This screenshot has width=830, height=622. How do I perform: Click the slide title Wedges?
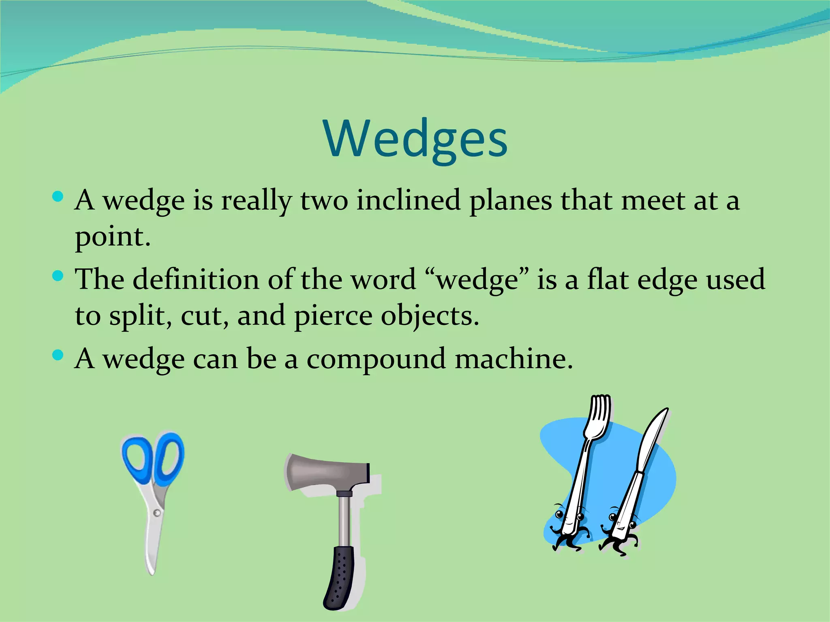tap(415, 138)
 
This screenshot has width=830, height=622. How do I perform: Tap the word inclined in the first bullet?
tap(408, 200)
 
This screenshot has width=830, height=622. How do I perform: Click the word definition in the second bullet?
tap(196, 279)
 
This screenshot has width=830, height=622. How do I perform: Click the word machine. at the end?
tap(514, 359)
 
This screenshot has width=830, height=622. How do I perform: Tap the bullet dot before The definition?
tap(58, 276)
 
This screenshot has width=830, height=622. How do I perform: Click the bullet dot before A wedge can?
tap(58, 356)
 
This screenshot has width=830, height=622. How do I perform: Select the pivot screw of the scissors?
tap(157, 513)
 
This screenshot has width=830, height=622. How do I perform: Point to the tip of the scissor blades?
tap(152, 571)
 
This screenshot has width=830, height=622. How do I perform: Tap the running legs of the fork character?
tap(567, 543)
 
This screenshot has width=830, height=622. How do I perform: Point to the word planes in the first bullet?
tap(511, 200)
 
